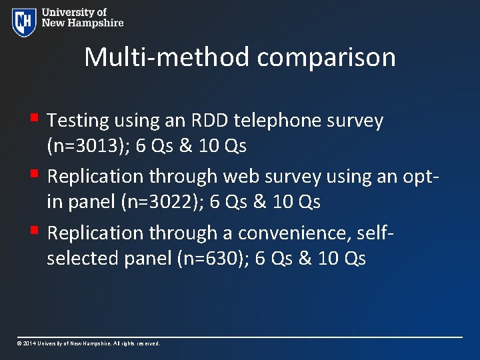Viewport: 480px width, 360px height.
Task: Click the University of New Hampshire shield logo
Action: [24, 22]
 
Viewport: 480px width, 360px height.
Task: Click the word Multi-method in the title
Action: [167, 57]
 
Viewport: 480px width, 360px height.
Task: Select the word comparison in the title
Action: [326, 57]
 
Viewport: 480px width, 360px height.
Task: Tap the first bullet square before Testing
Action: [39, 119]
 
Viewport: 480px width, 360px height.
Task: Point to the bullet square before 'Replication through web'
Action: [39, 175]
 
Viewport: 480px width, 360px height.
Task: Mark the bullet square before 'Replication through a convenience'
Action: [39, 231]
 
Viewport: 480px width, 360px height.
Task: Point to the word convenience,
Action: [296, 233]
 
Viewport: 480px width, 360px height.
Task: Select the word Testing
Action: [78, 121]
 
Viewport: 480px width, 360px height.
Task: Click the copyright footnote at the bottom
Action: [89, 343]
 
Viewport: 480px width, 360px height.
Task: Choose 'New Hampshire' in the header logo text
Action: [83, 23]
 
